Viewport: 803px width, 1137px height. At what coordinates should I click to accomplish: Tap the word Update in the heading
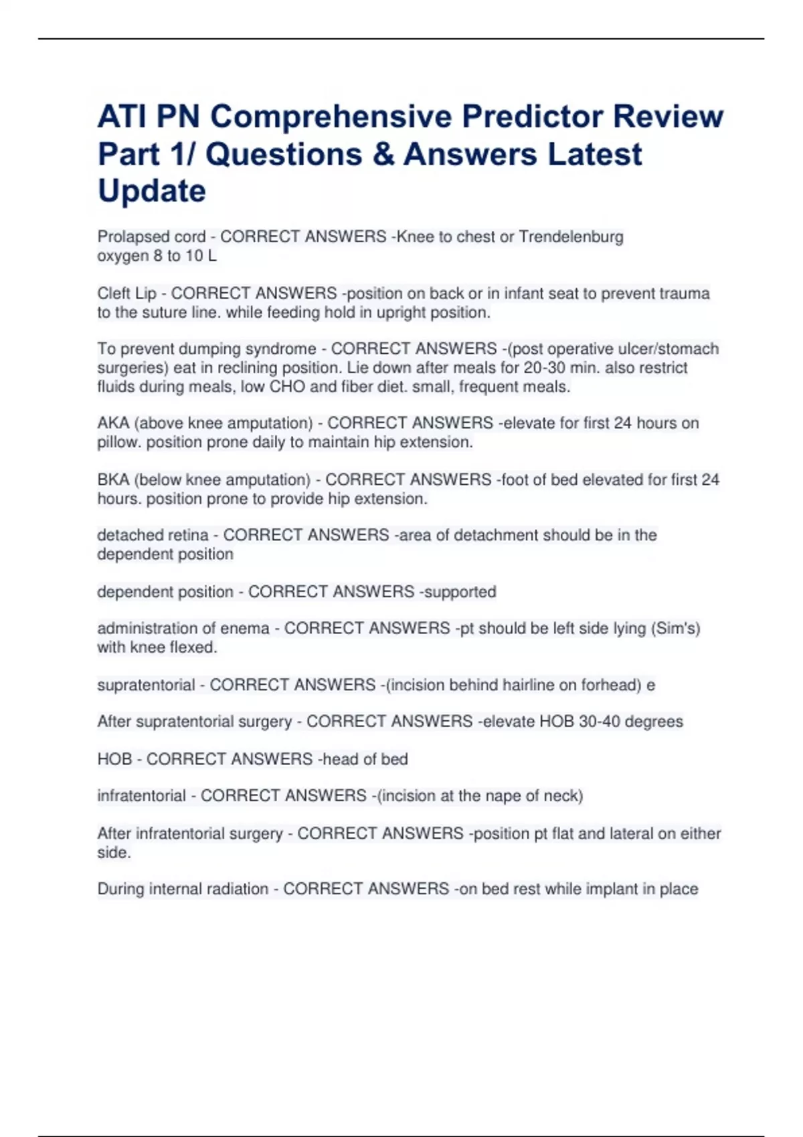click(152, 191)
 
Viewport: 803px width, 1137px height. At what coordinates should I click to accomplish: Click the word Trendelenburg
click(571, 237)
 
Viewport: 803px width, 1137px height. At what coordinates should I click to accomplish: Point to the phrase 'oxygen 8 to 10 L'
click(157, 255)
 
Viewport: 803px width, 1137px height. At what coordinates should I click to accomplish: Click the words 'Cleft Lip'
click(126, 294)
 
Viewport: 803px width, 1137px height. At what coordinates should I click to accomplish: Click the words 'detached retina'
click(153, 535)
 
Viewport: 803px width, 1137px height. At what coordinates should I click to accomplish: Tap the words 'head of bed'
click(365, 759)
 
